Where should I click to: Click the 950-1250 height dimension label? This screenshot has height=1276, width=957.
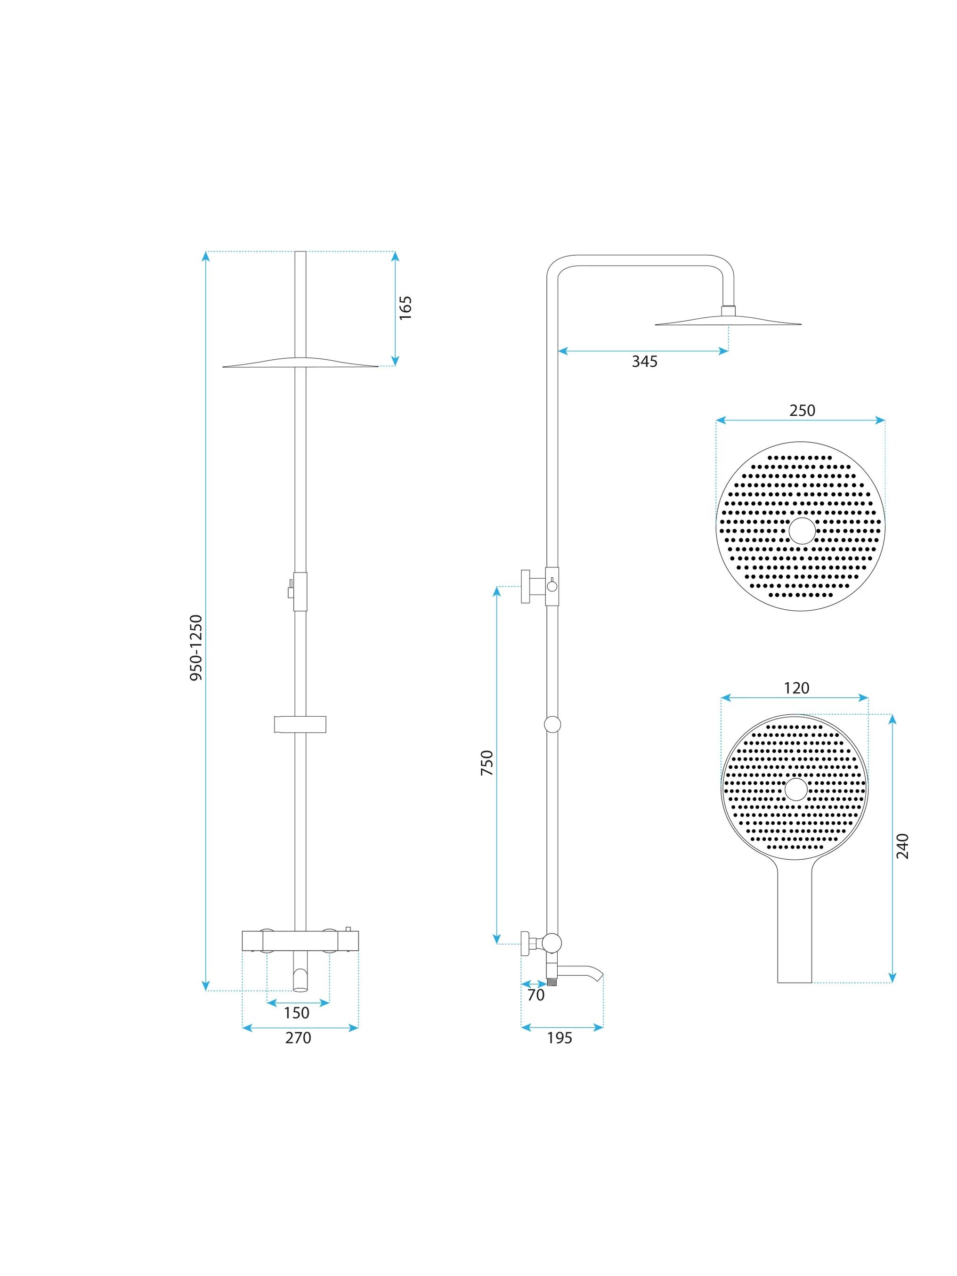196,648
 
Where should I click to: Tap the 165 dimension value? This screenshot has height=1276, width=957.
406,308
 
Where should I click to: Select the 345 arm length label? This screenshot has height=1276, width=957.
644,362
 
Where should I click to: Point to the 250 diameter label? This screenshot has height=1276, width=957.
802,411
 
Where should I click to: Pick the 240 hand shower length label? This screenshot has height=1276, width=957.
903,846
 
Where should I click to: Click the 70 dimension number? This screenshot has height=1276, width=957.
536,995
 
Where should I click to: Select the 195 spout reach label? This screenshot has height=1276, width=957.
560,1038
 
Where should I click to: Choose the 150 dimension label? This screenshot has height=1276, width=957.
297,1013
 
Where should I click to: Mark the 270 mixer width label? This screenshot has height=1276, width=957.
298,1038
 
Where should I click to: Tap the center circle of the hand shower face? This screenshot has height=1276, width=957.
796,789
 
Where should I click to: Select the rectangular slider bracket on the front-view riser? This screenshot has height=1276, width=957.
300,725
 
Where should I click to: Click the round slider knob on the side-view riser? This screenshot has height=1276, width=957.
552,725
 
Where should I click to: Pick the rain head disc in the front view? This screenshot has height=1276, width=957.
300,362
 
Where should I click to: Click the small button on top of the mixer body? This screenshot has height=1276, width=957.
348,929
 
